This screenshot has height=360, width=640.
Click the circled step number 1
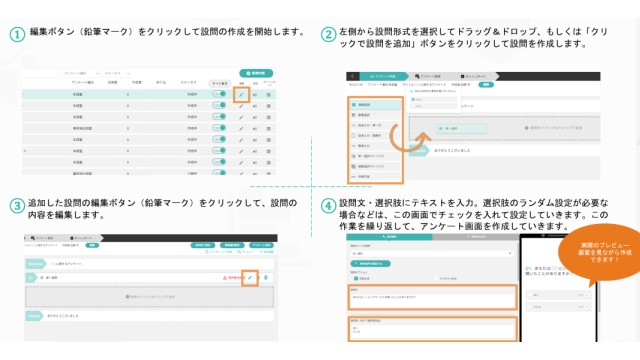pyautogui.click(x=17, y=32)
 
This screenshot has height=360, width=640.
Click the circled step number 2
pyautogui.click(x=329, y=34)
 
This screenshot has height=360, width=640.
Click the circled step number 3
pyautogui.click(x=17, y=207)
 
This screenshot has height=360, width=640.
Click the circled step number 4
pyautogui.click(x=329, y=207)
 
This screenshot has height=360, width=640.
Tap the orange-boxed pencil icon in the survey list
pyautogui.click(x=240, y=95)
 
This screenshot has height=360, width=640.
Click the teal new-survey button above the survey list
pyautogui.click(x=257, y=73)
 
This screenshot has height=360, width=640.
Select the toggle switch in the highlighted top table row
pyautogui.click(x=217, y=95)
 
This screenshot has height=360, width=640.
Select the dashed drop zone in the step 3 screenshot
pyautogui.click(x=150, y=298)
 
